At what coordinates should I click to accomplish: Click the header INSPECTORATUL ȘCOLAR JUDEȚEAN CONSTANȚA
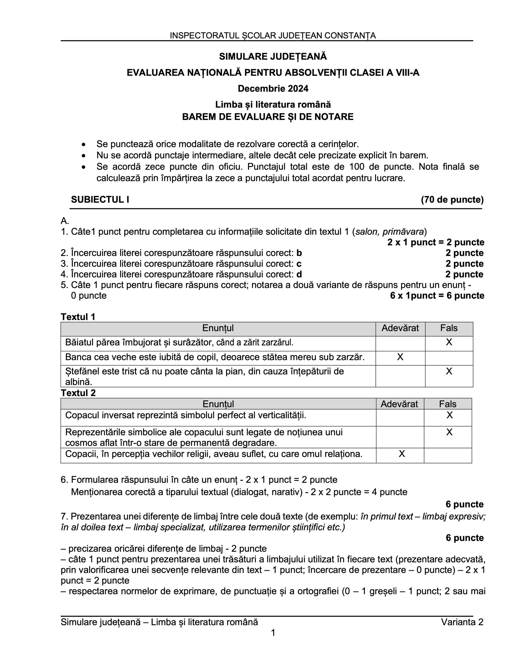pos(273,35)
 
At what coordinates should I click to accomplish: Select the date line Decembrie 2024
pos(273,89)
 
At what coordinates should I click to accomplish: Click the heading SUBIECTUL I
pos(100,200)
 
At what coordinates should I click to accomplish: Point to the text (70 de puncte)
pos(452,200)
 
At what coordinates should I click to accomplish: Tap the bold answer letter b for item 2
pos(299,253)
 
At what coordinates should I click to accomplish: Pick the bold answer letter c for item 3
pos(299,264)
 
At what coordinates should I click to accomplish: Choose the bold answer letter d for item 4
pos(299,274)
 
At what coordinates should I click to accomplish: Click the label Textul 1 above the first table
pos(78,317)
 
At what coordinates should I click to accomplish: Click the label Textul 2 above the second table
pos(78,393)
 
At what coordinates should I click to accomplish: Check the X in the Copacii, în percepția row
pos(401,454)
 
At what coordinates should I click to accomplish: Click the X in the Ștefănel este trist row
pos(449,371)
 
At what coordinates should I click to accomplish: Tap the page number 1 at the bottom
pos(273,633)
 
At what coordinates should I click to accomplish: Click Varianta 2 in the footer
pos(462,622)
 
